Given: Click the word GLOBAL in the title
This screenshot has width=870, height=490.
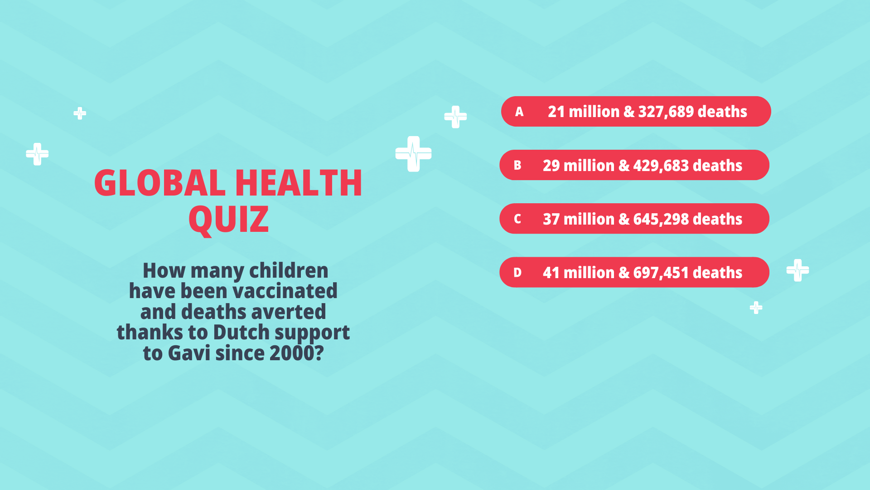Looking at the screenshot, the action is pyautogui.click(x=159, y=183).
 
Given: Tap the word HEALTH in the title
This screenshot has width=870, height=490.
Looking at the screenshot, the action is pyautogui.click(x=299, y=183).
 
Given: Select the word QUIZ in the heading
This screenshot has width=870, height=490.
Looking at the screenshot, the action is pyautogui.click(x=228, y=220).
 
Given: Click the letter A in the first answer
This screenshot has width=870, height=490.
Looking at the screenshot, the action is pyautogui.click(x=519, y=112).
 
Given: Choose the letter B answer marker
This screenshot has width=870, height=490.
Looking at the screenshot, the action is pyautogui.click(x=517, y=165).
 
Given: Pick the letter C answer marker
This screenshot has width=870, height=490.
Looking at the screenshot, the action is pyautogui.click(x=517, y=219).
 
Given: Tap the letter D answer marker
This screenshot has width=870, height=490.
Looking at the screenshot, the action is pyautogui.click(x=517, y=273).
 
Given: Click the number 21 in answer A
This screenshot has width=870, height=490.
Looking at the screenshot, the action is pyautogui.click(x=556, y=112).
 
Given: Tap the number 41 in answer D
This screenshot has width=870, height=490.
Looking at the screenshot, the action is pyautogui.click(x=551, y=273).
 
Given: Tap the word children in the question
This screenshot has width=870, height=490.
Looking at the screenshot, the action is pyautogui.click(x=289, y=270).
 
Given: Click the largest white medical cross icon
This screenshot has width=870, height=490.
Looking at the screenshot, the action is pyautogui.click(x=413, y=154).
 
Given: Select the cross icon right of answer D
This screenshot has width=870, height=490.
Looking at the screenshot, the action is pyautogui.click(x=797, y=270).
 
